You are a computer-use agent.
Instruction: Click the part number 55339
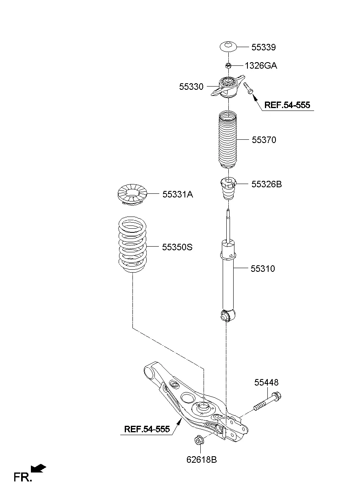[263, 47]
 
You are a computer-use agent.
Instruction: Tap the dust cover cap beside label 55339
[229, 46]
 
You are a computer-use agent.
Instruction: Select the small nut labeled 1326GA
[228, 65]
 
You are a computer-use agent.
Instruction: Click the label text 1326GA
[260, 65]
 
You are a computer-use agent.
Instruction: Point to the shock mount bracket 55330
[228, 87]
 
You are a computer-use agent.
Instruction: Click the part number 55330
[191, 87]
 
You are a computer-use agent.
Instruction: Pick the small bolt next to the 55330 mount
[248, 87]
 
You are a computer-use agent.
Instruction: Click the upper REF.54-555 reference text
[287, 105]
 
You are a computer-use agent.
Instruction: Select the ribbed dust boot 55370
[228, 140]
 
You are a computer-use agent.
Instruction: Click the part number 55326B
[266, 184]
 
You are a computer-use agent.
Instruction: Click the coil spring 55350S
[132, 246]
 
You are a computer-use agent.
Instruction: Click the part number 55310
[262, 269]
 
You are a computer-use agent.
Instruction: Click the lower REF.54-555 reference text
[146, 429]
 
